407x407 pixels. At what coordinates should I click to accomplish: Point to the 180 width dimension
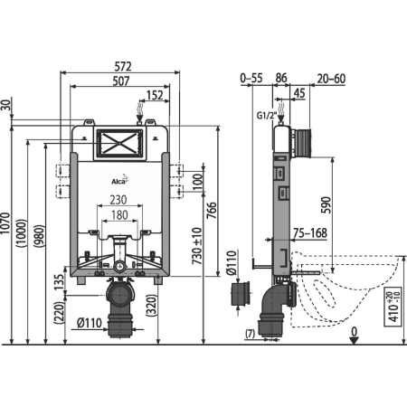pos(118,215)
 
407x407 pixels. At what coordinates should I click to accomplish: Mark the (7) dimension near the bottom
pos(250,334)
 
